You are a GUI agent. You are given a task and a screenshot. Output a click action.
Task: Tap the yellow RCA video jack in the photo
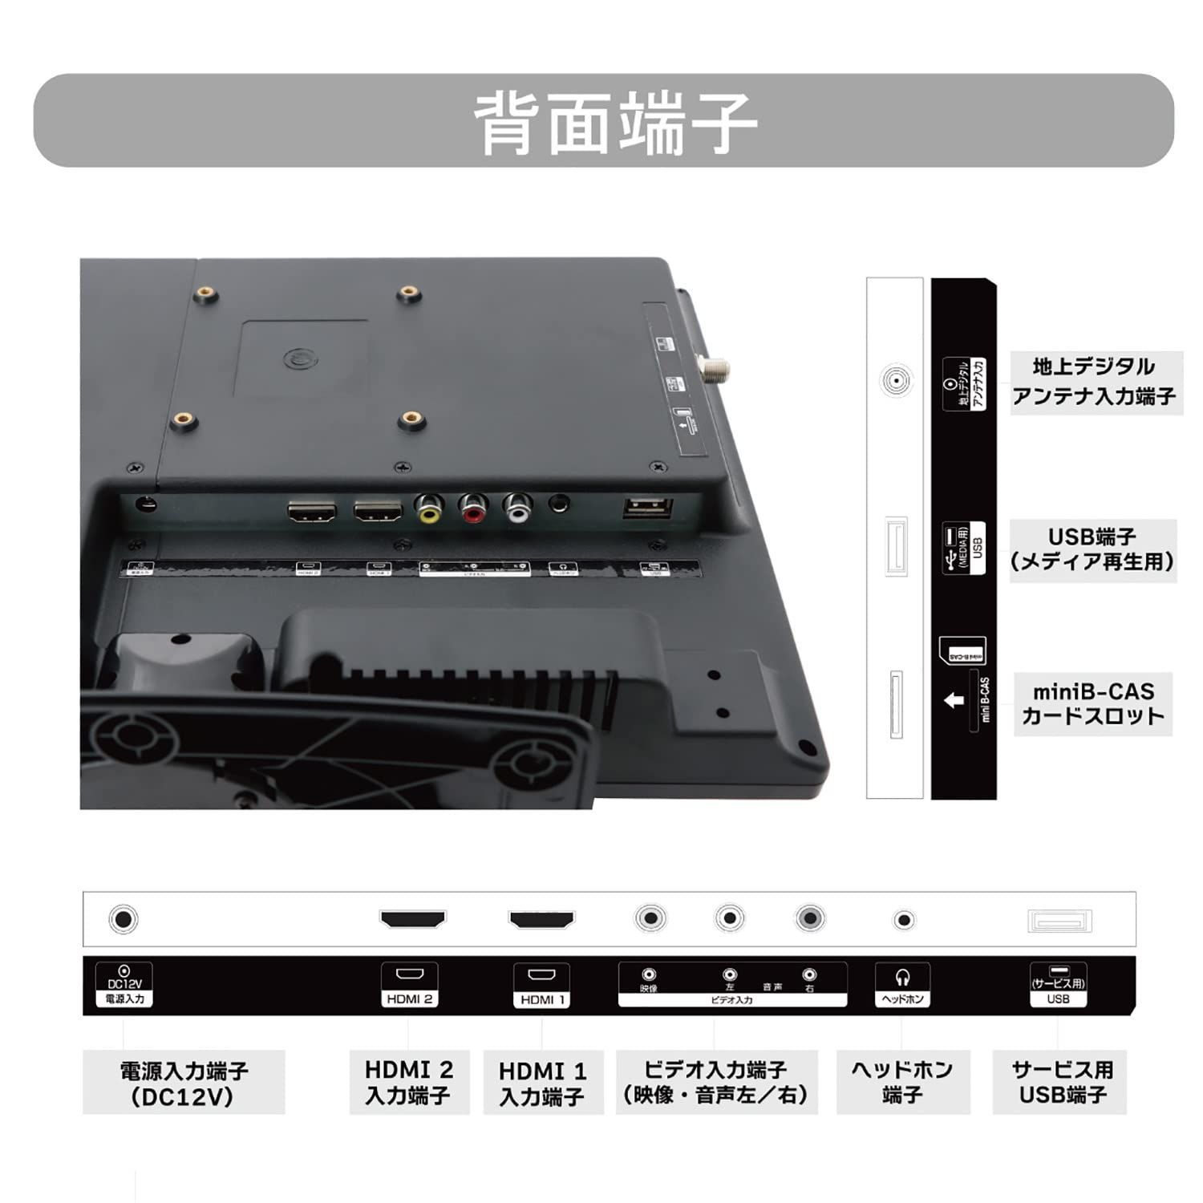tap(429, 508)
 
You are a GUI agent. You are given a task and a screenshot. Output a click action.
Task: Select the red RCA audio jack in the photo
tap(473, 508)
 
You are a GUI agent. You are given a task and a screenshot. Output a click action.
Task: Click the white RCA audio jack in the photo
tap(517, 508)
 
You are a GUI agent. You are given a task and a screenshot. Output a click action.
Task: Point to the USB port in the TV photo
tap(647, 508)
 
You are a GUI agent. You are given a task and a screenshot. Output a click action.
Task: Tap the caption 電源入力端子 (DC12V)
tap(184, 1083)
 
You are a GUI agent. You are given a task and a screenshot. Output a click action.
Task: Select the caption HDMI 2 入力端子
tap(409, 1082)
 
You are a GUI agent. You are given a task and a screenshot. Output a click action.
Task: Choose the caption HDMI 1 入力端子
tap(542, 1083)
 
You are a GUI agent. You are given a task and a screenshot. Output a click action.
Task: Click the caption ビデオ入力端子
tap(716, 1082)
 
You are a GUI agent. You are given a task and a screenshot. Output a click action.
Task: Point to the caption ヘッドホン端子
tap(902, 1082)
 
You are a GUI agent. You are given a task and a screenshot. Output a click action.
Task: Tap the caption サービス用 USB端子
tap(1060, 1082)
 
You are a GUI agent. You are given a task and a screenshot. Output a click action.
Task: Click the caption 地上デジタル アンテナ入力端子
tap(1095, 382)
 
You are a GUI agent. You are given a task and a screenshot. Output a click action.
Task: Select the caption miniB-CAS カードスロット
tap(1093, 703)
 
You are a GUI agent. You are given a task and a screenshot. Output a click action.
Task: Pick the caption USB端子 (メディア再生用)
tap(1092, 549)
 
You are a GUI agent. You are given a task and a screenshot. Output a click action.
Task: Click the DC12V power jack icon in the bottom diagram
tap(123, 918)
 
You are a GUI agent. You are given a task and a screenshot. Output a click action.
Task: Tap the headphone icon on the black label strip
tap(902, 978)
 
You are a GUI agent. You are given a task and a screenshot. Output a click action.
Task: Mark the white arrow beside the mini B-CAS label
tap(954, 700)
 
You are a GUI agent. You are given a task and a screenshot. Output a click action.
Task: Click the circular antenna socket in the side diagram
tap(896, 380)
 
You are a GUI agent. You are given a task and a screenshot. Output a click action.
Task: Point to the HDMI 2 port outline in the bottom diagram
tap(412, 919)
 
